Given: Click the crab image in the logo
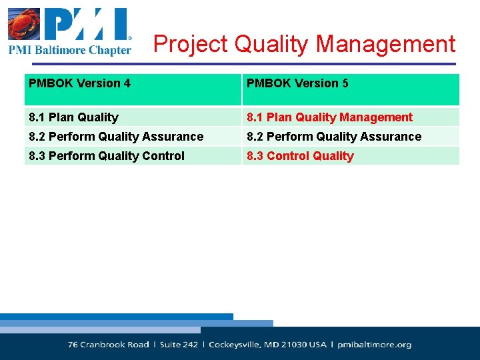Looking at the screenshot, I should pyautogui.click(x=23, y=25).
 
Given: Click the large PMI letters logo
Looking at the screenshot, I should pyautogui.click(x=86, y=25).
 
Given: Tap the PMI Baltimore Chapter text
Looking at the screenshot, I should pyautogui.click(x=70, y=50).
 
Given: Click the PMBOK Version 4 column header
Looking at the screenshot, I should pyautogui.click(x=80, y=83).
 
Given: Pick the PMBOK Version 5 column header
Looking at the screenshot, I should pyautogui.click(x=297, y=83).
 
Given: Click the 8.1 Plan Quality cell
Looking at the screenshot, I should pyautogui.click(x=73, y=117).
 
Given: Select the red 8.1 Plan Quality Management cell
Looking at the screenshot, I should pyautogui.click(x=329, y=117).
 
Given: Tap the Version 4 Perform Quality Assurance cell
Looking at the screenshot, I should pyautogui.click(x=116, y=137).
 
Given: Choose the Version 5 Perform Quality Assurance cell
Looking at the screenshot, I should pyautogui.click(x=334, y=137).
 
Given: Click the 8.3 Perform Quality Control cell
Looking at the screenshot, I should pyautogui.click(x=107, y=156).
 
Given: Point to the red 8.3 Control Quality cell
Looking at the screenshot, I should pyautogui.click(x=300, y=156).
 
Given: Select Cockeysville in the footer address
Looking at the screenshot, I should pyautogui.click(x=237, y=345).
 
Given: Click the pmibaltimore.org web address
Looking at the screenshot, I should pyautogui.click(x=374, y=345).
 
